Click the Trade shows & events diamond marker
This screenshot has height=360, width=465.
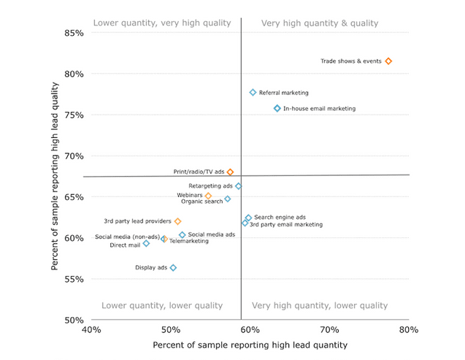click(388, 61)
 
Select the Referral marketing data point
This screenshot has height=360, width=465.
click(253, 93)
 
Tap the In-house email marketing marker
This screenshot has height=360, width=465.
click(277, 109)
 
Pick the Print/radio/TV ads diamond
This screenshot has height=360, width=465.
click(230, 172)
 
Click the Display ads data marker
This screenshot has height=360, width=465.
click(173, 268)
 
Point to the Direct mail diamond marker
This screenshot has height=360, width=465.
click(146, 243)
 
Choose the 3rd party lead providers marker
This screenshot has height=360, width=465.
click(177, 221)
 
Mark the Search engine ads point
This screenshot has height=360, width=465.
click(248, 218)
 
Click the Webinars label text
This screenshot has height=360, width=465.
click(189, 196)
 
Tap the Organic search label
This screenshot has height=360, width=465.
click(202, 202)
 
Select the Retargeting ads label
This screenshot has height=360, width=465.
click(210, 186)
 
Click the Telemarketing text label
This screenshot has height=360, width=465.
click(188, 240)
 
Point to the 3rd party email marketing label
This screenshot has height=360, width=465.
click(286, 225)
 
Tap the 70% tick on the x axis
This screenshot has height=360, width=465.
click(329, 330)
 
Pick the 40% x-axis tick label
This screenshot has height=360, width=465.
click(91, 330)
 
